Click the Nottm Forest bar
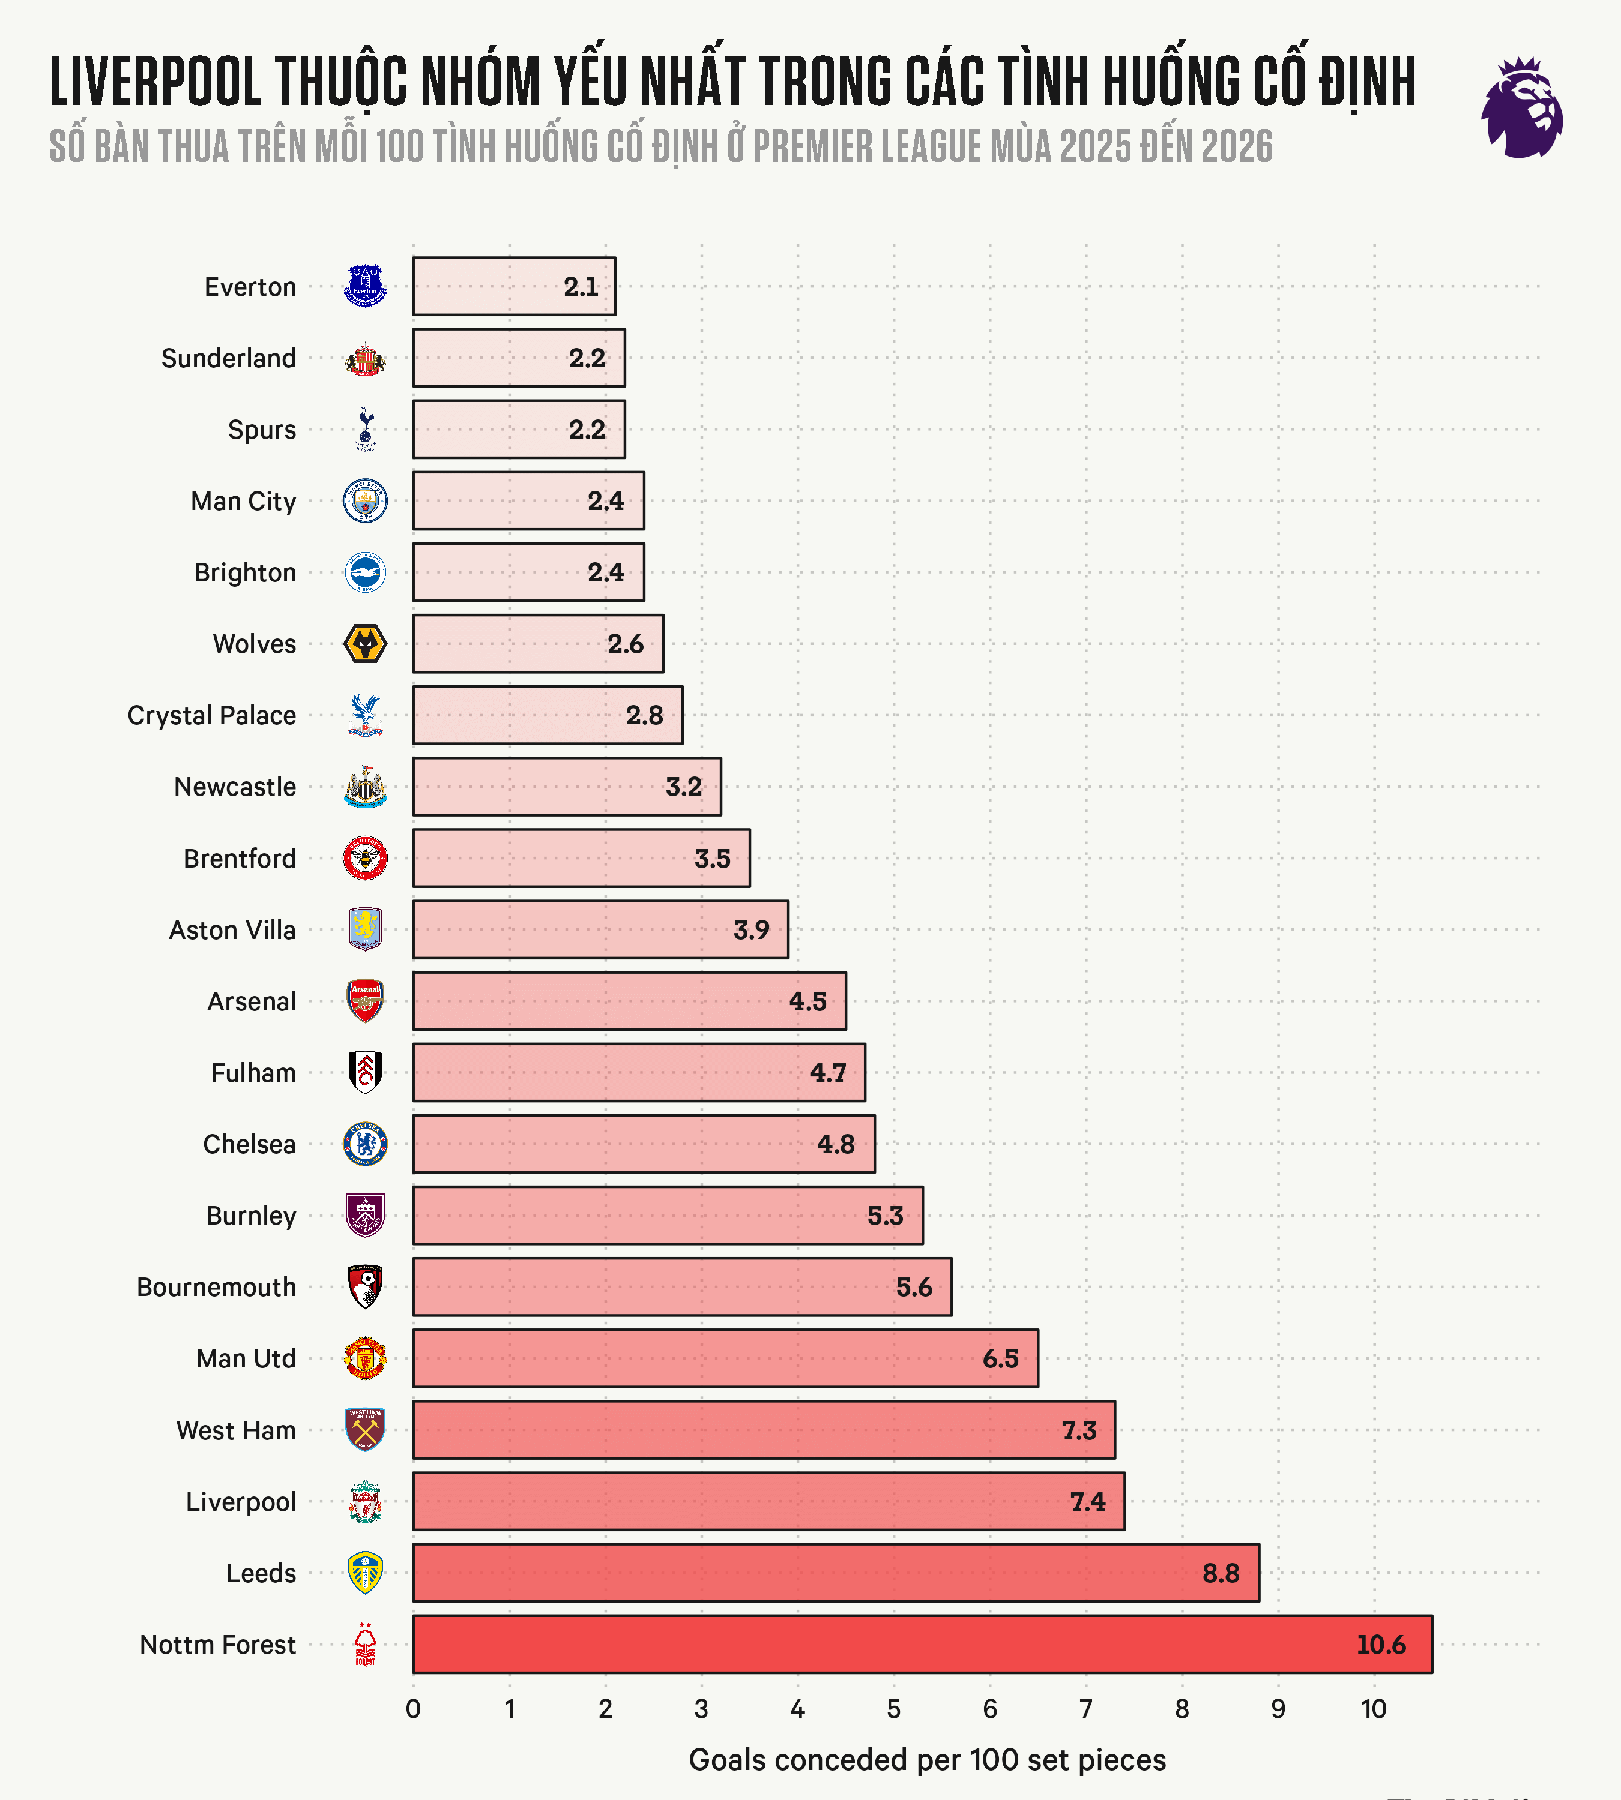pyautogui.click(x=922, y=1644)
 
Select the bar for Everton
pyautogui.click(x=514, y=287)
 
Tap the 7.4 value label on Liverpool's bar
pyautogui.click(x=1087, y=1502)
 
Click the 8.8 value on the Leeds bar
pyautogui.click(x=1220, y=1573)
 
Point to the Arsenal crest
pyautogui.click(x=365, y=1001)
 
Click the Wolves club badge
pyautogui.click(x=365, y=644)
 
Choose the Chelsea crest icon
pyautogui.click(x=365, y=1144)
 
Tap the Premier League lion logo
pyautogui.click(x=1522, y=108)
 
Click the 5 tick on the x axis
pyautogui.click(x=893, y=1708)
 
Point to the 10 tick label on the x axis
pyautogui.click(x=1374, y=1708)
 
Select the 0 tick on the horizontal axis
pyautogui.click(x=413, y=1708)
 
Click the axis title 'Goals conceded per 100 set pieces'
pyautogui.click(x=927, y=1760)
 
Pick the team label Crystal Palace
pyautogui.click(x=212, y=715)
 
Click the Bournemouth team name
pyautogui.click(x=216, y=1287)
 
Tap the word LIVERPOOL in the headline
pyautogui.click(x=155, y=82)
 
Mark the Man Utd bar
pyautogui.click(x=725, y=1358)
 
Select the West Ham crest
pyautogui.click(x=365, y=1430)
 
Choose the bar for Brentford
pyautogui.click(x=581, y=858)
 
